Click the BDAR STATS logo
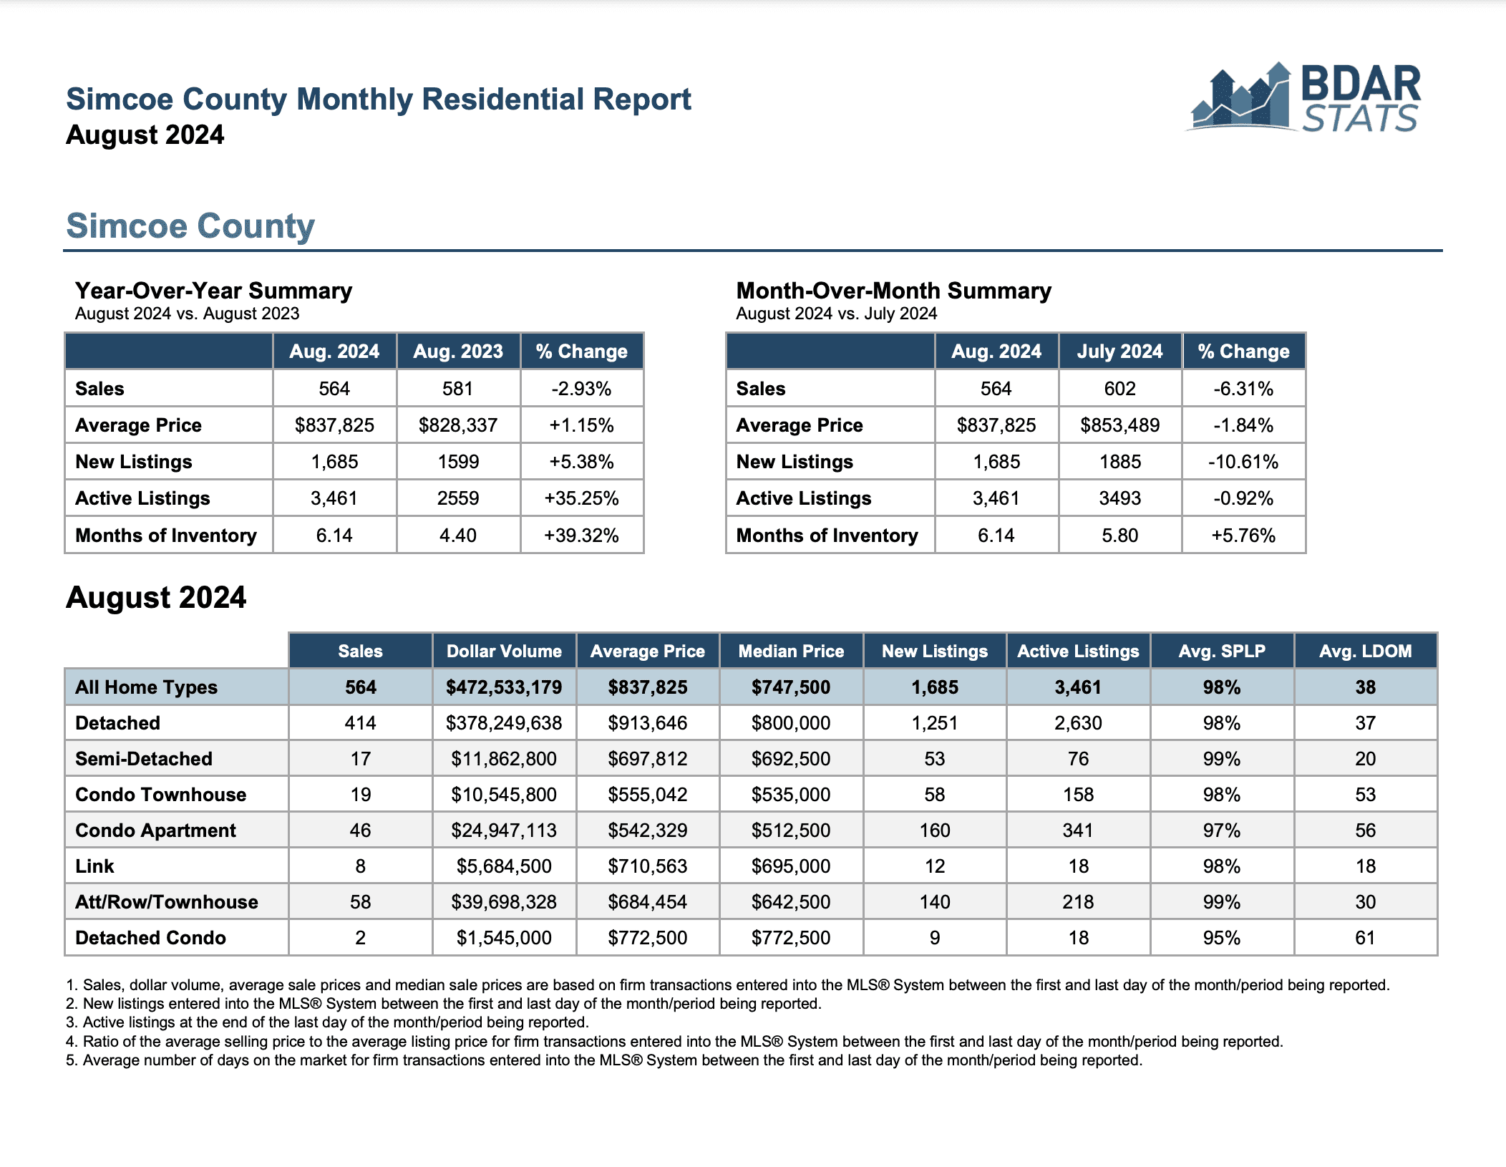click(x=1303, y=98)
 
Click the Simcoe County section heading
click(x=190, y=226)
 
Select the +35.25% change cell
click(x=581, y=498)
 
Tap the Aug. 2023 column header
click(x=458, y=352)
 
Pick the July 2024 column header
click(x=1119, y=352)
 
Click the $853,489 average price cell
click(x=1119, y=425)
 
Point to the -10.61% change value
click(x=1243, y=462)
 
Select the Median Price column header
click(x=791, y=651)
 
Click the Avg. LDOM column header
click(x=1365, y=651)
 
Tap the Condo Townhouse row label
click(x=160, y=795)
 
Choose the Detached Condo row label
click(x=150, y=938)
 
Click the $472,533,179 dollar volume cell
click(x=504, y=687)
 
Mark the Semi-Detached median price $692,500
click(x=791, y=759)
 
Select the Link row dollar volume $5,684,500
click(x=504, y=866)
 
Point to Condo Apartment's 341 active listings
click(x=1078, y=831)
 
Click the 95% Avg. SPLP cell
click(x=1222, y=938)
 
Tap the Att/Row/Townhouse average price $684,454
click(x=648, y=902)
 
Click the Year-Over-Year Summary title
click(x=213, y=291)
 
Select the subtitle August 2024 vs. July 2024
click(x=837, y=314)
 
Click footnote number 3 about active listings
click(x=327, y=1022)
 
